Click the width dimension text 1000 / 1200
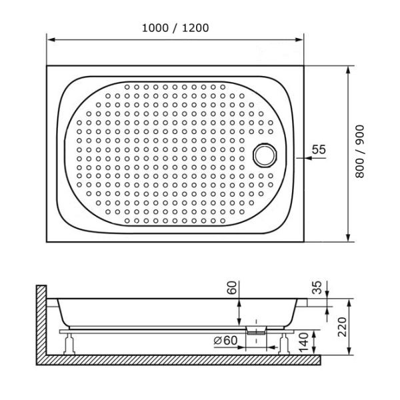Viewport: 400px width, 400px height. click(176, 28)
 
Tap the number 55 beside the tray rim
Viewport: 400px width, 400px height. click(318, 150)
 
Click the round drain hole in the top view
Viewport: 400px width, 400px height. click(265, 154)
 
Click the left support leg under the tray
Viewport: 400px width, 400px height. click(68, 344)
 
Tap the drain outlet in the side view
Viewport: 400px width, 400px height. click(255, 329)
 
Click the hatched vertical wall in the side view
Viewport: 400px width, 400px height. click(41, 320)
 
